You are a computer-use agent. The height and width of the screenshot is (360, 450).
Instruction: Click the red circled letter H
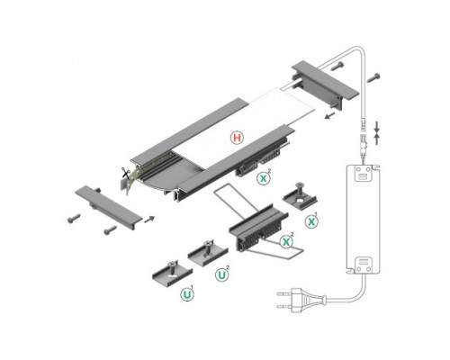[x=236, y=139]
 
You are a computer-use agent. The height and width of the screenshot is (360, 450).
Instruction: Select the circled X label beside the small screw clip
[x=312, y=220]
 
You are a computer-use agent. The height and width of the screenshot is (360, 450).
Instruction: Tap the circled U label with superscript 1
[x=189, y=293]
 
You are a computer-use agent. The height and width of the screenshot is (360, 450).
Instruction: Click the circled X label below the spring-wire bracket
[x=286, y=240]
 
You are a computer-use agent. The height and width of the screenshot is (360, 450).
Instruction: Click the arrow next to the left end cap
[x=148, y=216]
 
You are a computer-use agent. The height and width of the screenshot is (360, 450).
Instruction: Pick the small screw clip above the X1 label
[x=297, y=193]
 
